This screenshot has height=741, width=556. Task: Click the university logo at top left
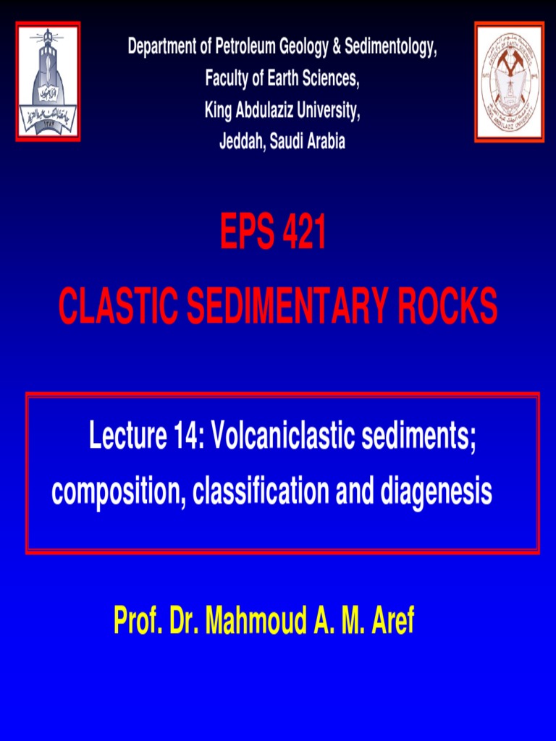48,81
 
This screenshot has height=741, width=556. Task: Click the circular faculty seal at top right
509,82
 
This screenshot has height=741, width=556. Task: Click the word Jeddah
241,142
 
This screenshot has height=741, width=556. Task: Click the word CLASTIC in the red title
119,306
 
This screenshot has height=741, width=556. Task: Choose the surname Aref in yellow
392,621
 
